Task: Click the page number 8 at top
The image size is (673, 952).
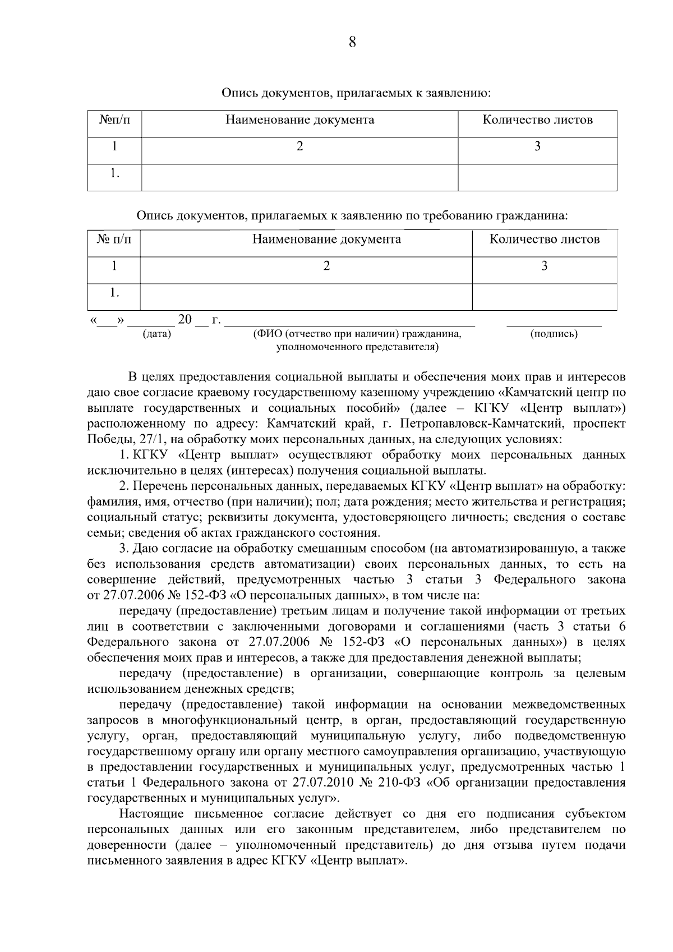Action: click(x=352, y=42)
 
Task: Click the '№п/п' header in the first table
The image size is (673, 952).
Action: click(x=114, y=120)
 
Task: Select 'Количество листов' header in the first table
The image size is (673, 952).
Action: click(x=537, y=120)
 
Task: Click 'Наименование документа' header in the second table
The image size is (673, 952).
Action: click(x=326, y=240)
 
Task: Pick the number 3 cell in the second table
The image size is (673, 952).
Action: click(x=544, y=266)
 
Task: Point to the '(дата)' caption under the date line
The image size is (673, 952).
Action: click(x=157, y=334)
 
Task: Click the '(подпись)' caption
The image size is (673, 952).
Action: click(x=554, y=334)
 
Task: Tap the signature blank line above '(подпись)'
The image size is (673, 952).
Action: click(x=554, y=324)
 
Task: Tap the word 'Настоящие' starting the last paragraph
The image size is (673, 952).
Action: click(x=147, y=814)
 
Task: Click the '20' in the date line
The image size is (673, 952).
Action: click(x=185, y=320)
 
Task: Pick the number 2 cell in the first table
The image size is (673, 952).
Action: click(x=299, y=147)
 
